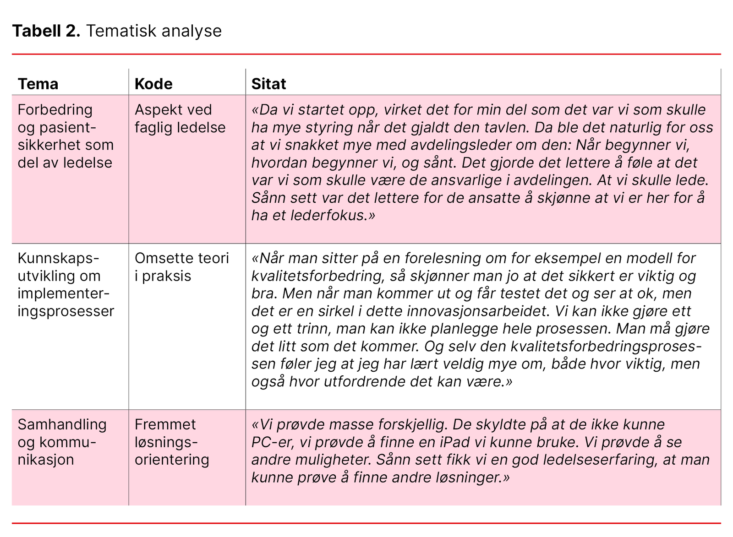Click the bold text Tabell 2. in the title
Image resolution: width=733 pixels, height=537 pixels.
46,31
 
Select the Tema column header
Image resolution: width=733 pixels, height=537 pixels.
38,84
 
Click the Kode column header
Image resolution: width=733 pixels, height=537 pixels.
153,84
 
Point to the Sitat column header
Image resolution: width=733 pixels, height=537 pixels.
268,84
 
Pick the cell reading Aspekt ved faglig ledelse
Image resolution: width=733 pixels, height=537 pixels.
180,119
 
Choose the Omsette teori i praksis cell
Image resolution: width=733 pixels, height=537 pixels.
181,267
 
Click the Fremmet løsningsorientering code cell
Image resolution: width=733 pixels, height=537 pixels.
172,442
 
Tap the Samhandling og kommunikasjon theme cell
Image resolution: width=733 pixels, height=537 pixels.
62,442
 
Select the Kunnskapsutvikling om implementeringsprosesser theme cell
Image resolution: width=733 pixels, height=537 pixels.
66,285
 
